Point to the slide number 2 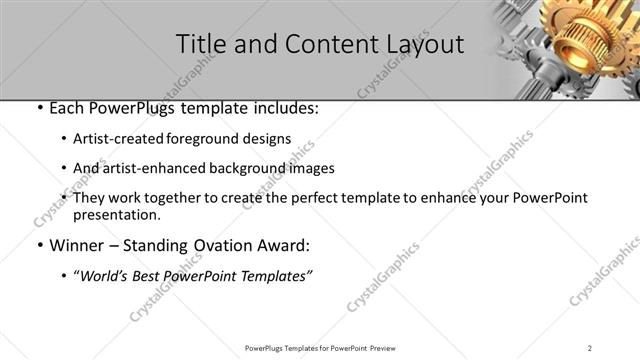pos(590,347)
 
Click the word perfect pos(341,198)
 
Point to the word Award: pos(284,245)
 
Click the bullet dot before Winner pos(38,246)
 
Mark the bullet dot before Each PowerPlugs pos(38,108)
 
